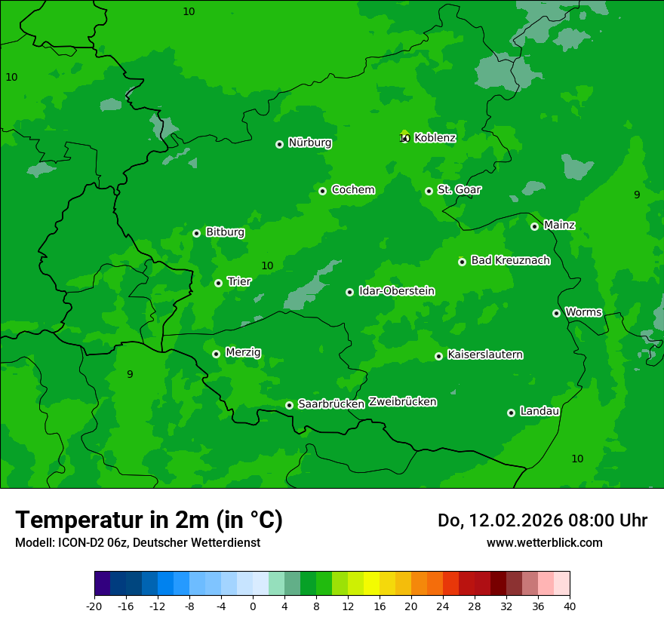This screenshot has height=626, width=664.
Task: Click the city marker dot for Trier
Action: coord(218,283)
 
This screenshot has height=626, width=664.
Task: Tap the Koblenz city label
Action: coord(435,138)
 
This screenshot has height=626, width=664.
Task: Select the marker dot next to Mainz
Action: coord(534,226)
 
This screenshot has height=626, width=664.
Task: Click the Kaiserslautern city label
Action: coord(485,354)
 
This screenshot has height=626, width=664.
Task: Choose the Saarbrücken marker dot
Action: coord(289,405)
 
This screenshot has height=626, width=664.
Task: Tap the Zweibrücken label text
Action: coord(402,402)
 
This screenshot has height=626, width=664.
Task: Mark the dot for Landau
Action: coord(511,413)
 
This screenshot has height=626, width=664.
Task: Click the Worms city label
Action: coord(583,312)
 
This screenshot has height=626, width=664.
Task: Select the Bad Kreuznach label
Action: coord(510,260)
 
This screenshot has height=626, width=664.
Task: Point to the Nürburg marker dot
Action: coord(279,144)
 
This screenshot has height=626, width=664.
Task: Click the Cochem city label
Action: coord(352,190)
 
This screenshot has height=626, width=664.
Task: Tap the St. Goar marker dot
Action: coord(429,191)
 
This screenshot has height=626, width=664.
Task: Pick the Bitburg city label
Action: coord(225,232)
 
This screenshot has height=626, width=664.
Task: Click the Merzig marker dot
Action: coord(216,354)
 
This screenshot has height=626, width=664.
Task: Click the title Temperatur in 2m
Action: coord(149,520)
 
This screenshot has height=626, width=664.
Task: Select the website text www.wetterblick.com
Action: coord(544,542)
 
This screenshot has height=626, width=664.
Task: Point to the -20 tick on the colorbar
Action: coord(94,606)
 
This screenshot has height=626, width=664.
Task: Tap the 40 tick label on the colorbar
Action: coord(570,606)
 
